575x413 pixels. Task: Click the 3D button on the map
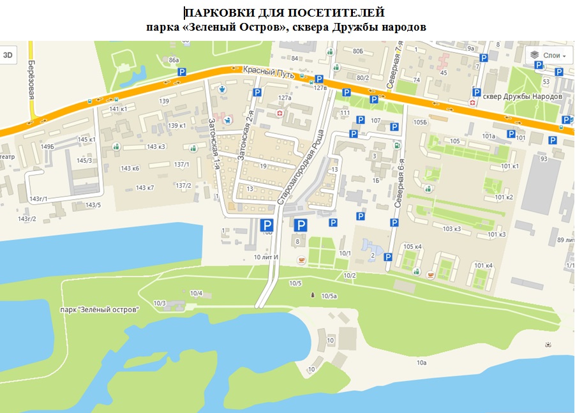(8, 55)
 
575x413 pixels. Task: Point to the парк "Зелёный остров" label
(99, 310)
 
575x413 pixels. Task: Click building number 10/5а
(329, 296)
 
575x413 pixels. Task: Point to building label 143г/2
(27, 219)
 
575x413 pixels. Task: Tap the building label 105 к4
(413, 246)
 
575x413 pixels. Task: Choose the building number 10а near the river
(421, 363)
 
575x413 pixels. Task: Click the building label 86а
(174, 60)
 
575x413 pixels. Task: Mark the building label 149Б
(47, 147)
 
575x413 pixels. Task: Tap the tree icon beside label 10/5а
(312, 295)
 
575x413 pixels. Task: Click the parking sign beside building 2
(387, 257)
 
